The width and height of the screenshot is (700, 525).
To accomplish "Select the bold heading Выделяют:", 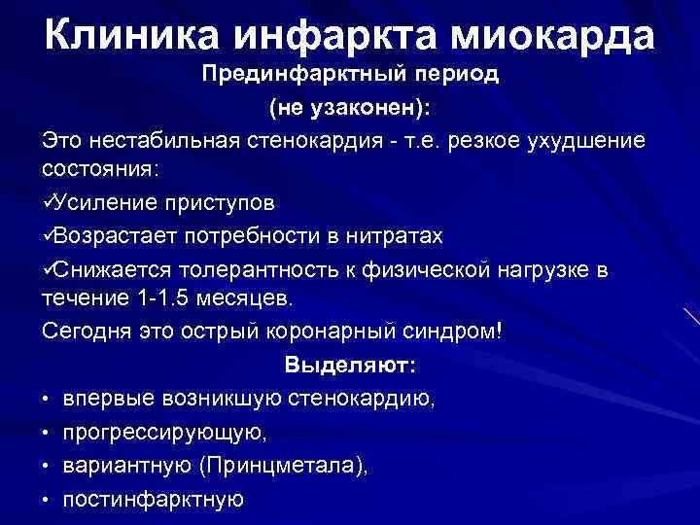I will pos(350,365).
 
